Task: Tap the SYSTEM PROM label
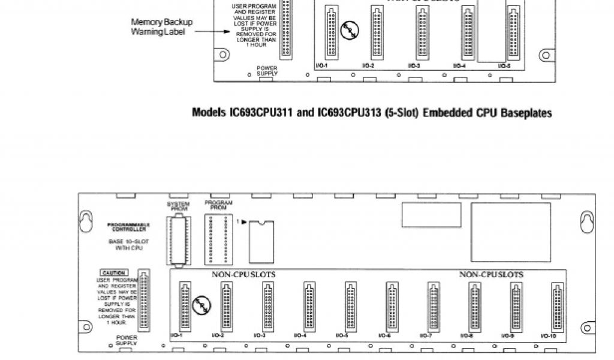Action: coord(178,206)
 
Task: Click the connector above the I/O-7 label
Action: coord(433,307)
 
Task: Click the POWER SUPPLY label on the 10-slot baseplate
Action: coord(127,340)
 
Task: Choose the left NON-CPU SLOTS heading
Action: coord(243,275)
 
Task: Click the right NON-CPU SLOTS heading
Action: coord(491,275)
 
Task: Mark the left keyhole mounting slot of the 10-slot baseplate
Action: coord(87,221)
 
